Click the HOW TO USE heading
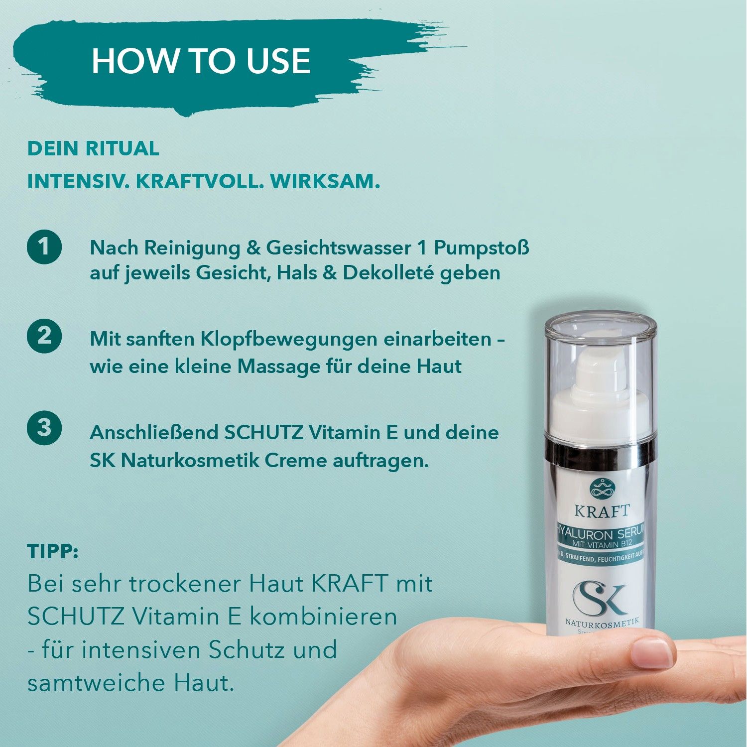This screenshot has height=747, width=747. click(x=201, y=61)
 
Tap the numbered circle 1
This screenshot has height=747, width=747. click(x=44, y=246)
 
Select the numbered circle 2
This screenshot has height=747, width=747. click(x=44, y=336)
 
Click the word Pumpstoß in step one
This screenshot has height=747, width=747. click(x=481, y=248)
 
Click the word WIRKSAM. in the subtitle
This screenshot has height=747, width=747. click(x=325, y=181)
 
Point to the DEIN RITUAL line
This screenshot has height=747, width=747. click(x=93, y=148)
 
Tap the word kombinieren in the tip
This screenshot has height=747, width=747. click(x=323, y=617)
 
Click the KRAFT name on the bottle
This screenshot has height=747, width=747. click(x=602, y=511)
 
